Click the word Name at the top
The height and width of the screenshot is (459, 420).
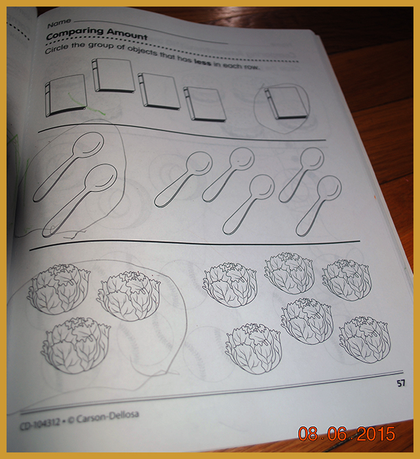(x=59, y=24)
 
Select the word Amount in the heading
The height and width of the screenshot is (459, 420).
(x=127, y=34)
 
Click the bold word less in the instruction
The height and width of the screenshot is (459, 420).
(x=202, y=62)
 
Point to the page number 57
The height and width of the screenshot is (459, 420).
(x=401, y=383)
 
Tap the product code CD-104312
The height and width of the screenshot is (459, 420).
(x=40, y=423)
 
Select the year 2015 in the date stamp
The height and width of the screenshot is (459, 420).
(x=376, y=433)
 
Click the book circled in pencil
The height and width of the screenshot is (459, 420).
(x=286, y=103)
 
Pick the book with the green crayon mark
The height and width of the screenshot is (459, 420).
(x=66, y=95)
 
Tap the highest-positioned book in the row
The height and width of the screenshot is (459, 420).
(x=113, y=75)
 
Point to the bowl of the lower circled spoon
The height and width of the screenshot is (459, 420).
(x=101, y=178)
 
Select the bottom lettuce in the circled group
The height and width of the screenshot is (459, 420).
(x=76, y=345)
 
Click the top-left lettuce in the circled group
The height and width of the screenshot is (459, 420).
(x=58, y=289)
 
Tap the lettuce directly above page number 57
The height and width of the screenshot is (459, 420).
(x=365, y=340)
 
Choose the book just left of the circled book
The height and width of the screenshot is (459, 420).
(x=204, y=104)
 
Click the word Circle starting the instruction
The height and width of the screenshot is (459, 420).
(x=56, y=49)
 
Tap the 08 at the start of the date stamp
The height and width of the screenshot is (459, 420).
(x=308, y=433)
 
